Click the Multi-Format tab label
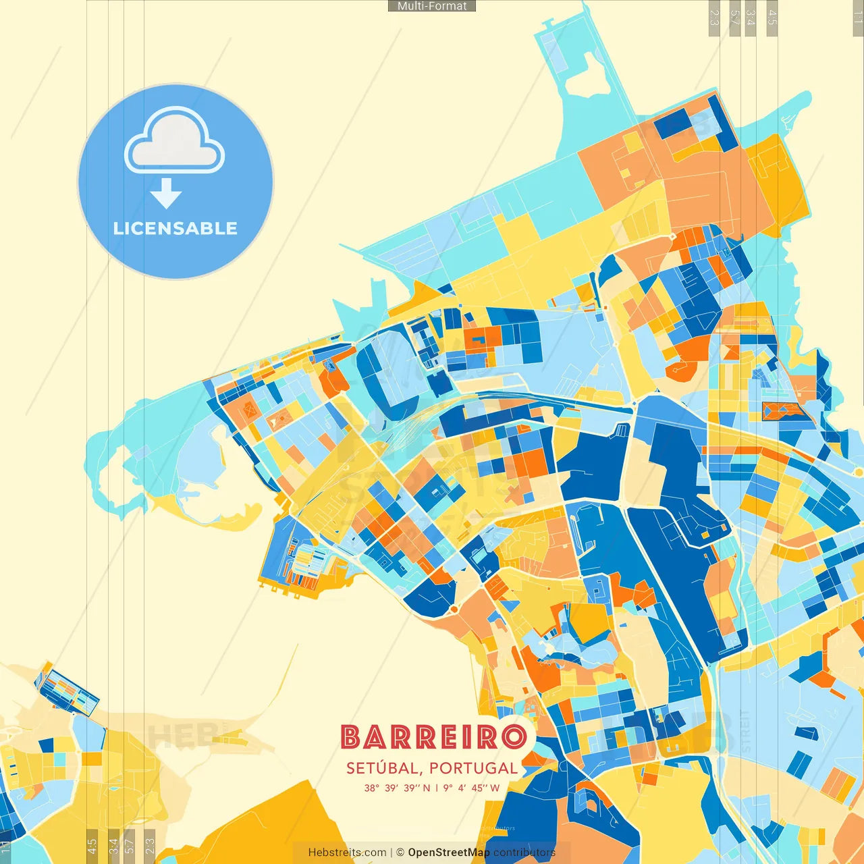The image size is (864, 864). click(x=432, y=6)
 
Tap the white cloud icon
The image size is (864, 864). click(x=174, y=141)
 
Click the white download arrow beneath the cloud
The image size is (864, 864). click(x=166, y=194)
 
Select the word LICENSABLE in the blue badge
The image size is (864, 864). click(x=175, y=228)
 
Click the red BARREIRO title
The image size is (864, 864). click(x=433, y=736)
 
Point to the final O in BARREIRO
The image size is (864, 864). click(x=514, y=736)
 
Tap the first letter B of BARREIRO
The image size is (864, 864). click(x=352, y=736)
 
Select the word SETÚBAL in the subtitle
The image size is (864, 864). click(x=382, y=768)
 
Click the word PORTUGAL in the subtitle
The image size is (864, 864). click(x=473, y=768)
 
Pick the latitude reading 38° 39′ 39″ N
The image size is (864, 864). click(x=397, y=788)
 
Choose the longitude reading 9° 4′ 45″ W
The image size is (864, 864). click(x=471, y=788)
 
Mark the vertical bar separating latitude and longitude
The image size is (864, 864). click(x=437, y=788)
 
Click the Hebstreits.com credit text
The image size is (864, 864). click(x=347, y=853)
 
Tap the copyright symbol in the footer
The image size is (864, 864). click(x=400, y=853)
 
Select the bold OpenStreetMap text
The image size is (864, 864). click(x=449, y=853)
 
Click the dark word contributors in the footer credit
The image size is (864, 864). click(x=524, y=853)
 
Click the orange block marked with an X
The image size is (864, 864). click(x=250, y=408)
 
